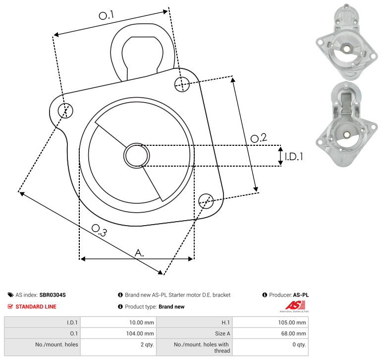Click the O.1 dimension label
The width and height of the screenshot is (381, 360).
(106, 15)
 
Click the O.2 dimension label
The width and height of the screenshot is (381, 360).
(259, 138)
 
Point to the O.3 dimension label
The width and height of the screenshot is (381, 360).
(99, 230)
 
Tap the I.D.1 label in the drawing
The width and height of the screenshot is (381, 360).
(294, 157)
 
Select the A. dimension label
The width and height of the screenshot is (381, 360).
(139, 253)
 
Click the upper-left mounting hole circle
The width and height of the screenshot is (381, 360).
(65, 111)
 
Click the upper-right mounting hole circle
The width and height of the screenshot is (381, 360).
(182, 84)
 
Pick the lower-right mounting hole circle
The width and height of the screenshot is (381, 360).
(206, 201)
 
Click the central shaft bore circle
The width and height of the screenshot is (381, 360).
(137, 156)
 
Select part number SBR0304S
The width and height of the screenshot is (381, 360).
(53, 295)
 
